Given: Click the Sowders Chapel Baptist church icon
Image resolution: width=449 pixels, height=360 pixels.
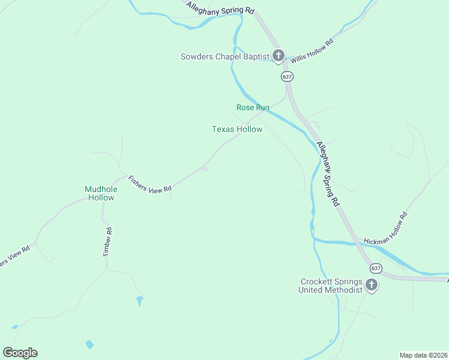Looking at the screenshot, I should click(x=278, y=56).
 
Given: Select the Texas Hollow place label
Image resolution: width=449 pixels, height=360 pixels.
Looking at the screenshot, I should click(x=237, y=129).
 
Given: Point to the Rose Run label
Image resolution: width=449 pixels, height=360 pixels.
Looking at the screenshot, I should click(x=253, y=107).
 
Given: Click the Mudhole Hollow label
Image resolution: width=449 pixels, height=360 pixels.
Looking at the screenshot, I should click(x=100, y=193).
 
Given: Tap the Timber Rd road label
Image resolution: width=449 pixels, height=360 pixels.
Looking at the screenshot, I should click(x=107, y=242).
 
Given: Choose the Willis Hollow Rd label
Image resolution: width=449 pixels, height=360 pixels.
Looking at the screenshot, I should click(x=312, y=52).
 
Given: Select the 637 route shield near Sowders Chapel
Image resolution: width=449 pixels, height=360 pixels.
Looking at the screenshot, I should click(x=287, y=77).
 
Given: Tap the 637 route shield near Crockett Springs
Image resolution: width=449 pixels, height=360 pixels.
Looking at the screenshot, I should click(x=376, y=268).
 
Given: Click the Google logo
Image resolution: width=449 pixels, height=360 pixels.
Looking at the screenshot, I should click(x=20, y=353).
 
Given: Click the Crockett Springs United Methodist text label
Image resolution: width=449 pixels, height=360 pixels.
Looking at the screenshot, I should click(x=331, y=286).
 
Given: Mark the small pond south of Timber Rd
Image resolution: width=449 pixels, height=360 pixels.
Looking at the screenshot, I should click(x=140, y=299).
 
